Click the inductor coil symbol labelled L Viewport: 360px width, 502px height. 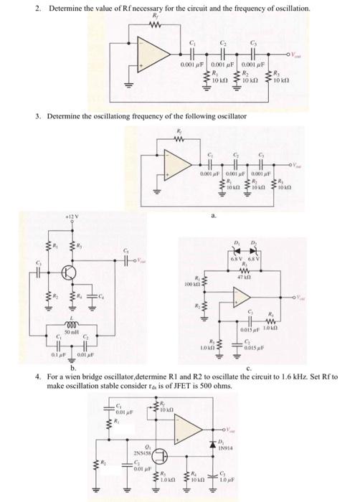tap(70, 322)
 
